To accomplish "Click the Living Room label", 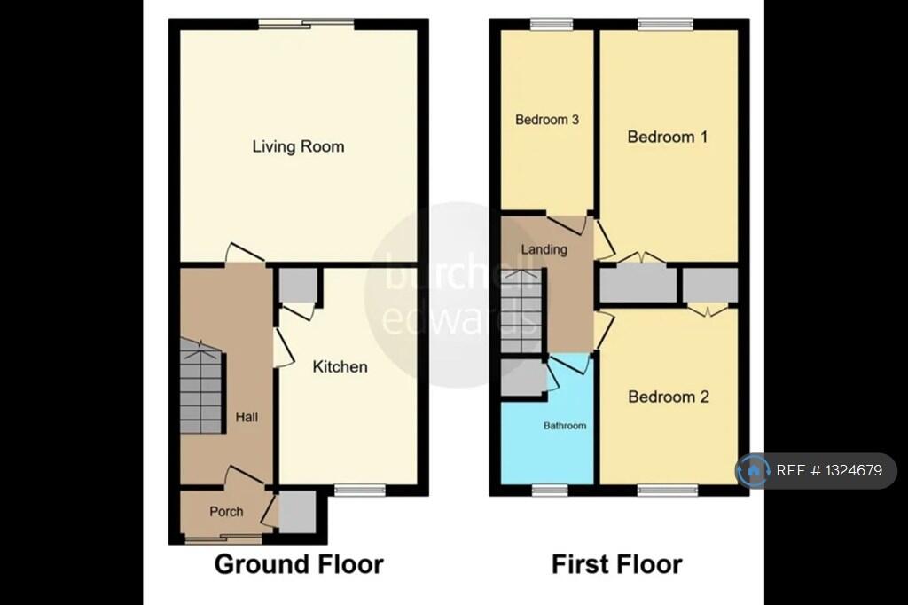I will click(x=298, y=146).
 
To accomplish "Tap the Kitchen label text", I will click(x=340, y=366).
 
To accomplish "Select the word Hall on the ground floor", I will click(x=247, y=416).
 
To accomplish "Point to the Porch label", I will click(x=226, y=512).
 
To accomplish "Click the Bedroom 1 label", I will click(x=667, y=137).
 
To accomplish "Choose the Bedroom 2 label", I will click(x=668, y=397).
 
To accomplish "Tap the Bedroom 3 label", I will click(x=547, y=120).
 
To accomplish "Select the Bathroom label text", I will click(x=565, y=426).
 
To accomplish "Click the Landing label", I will click(x=544, y=249).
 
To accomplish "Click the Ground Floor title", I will click(x=299, y=564).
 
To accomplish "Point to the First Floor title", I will click(x=617, y=564).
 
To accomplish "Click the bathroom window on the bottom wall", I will click(x=550, y=489).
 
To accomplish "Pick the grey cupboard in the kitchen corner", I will click(x=298, y=286).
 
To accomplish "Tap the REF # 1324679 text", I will click(x=829, y=471).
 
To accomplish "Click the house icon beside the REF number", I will click(x=754, y=471).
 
